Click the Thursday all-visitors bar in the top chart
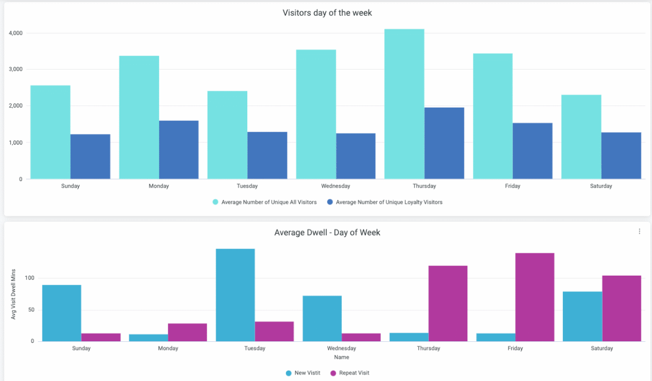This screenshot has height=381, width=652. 404,104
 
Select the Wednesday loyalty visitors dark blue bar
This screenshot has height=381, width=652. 355,156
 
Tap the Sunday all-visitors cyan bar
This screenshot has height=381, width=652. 50,132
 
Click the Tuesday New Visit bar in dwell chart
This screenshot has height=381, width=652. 235,295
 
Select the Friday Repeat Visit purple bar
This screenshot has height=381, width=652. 535,297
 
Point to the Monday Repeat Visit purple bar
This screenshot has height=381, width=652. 187,333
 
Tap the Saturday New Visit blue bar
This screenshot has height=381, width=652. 582,316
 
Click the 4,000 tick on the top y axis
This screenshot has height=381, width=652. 16,33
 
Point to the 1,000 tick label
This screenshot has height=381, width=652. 16,142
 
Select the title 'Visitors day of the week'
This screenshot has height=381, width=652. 327,13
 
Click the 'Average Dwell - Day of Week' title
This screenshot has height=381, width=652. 327,233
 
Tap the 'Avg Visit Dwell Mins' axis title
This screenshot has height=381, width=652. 14,294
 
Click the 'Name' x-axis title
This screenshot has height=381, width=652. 342,358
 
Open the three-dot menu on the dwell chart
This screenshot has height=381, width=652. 640,232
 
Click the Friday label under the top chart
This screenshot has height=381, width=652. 512,186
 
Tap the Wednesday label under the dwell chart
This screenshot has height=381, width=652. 342,348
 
